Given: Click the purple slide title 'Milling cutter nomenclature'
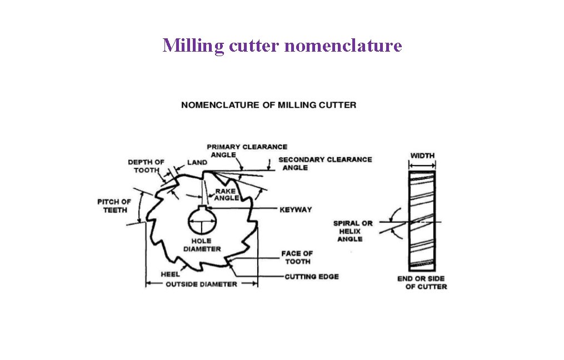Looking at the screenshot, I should (282, 45).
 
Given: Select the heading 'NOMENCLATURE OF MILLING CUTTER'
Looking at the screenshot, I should (268, 104).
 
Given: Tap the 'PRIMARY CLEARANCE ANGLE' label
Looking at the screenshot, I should (247, 150).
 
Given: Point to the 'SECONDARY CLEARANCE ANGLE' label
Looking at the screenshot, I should (325, 163).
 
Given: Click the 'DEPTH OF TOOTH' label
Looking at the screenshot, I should (146, 166).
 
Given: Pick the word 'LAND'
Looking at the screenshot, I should (197, 162).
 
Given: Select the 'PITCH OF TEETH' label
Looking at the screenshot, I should (114, 206).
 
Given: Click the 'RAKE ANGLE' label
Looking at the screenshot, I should (227, 194).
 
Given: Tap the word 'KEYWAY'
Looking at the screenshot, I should (296, 209).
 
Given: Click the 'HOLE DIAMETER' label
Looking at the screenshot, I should (202, 245).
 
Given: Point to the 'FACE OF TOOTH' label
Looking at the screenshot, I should (297, 257).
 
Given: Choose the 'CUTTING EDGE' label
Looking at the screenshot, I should (311, 276).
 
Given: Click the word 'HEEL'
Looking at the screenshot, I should (169, 274).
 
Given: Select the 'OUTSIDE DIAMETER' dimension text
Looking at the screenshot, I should (201, 284).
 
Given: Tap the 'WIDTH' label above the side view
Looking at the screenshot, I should (422, 156).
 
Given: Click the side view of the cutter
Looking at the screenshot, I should (422, 219).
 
